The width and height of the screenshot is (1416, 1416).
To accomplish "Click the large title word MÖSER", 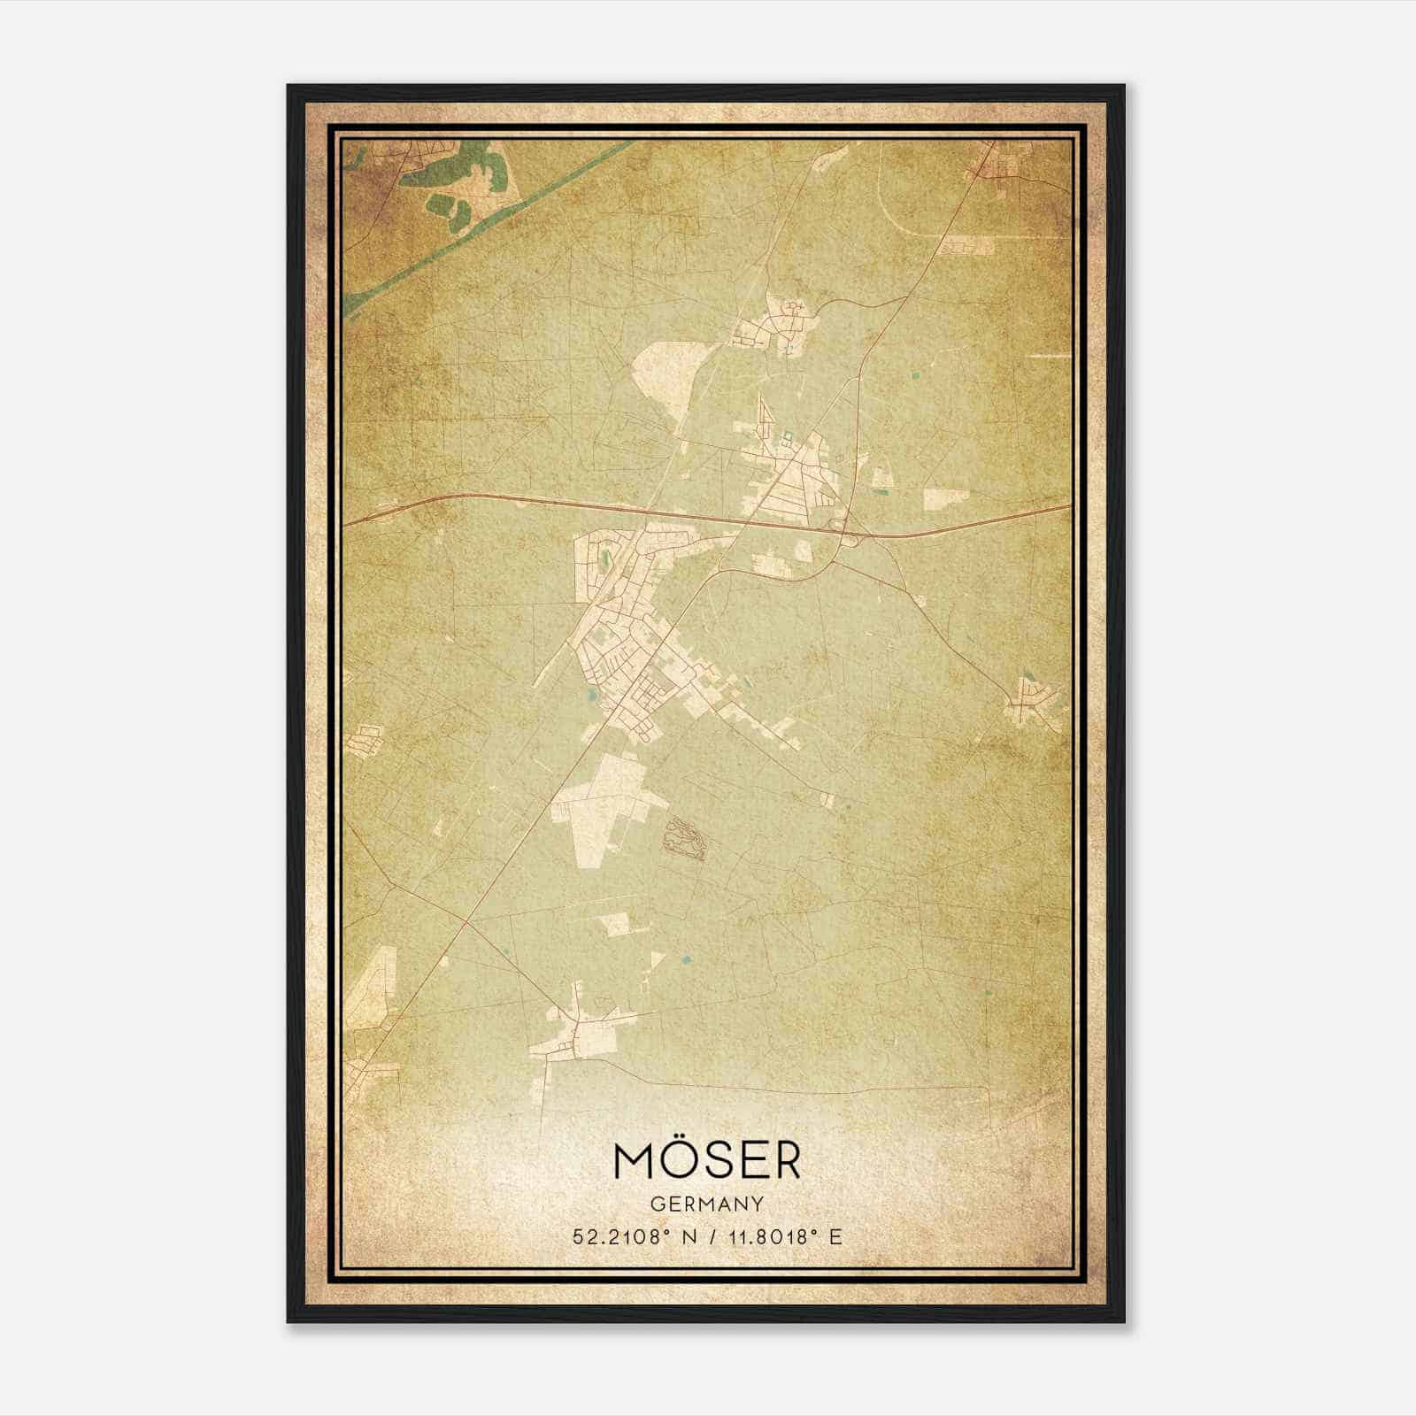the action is click(707, 1161).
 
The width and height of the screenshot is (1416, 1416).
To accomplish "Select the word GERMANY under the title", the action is click(707, 1204).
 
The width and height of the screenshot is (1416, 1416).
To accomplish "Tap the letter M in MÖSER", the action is click(632, 1162).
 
